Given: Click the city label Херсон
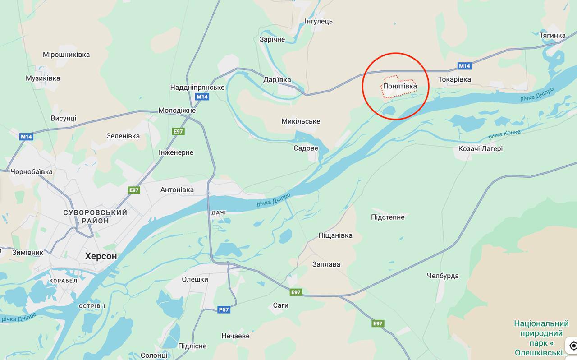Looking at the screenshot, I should pos(101,256).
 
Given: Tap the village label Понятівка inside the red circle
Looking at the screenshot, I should pos(400,86).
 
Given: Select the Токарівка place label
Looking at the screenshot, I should pos(454,79).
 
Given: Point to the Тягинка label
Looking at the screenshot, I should pos(552,36).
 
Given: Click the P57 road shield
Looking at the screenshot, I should pos(224,309).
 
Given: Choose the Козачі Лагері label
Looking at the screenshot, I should pos(480,149).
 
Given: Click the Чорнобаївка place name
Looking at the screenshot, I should pos(32,172).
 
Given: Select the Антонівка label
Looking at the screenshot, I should pos(177,190).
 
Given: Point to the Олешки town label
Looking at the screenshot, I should pos(195,280).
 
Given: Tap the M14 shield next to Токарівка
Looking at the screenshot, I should pos(464,66).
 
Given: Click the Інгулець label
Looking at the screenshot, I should pos(318,22).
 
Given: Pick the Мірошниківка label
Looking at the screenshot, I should pos(66,55).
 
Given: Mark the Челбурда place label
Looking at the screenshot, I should pos(443,276).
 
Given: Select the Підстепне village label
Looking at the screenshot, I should pos(388,217).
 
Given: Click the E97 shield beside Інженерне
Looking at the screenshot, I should pos(179,131).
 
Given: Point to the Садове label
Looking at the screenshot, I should pos(306,148).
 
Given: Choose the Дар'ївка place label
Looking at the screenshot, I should pos(277,80).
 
